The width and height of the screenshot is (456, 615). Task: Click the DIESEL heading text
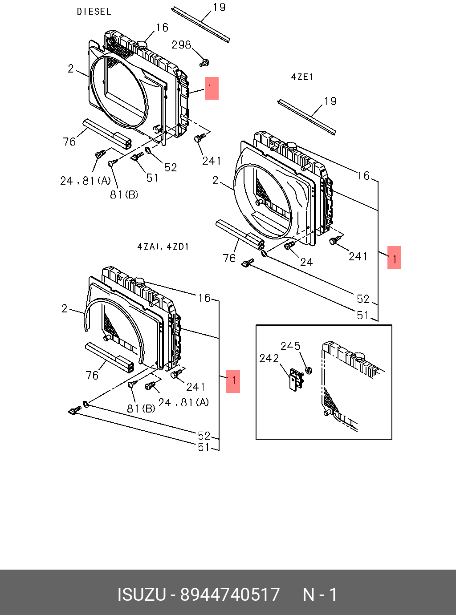pyautogui.click(x=94, y=12)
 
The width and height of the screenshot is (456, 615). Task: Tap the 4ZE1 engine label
pyautogui.click(x=302, y=77)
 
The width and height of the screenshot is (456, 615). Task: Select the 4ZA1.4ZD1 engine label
pyautogui.click(x=163, y=247)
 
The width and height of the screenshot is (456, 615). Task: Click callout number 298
pyautogui.click(x=181, y=45)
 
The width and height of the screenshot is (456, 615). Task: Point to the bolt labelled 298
pyautogui.click(x=204, y=63)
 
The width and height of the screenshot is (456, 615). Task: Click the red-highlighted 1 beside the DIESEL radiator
pyautogui.click(x=212, y=88)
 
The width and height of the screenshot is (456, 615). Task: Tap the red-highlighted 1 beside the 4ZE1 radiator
pyautogui.click(x=394, y=257)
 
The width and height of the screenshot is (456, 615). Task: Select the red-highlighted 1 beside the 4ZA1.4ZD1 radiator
pyautogui.click(x=233, y=381)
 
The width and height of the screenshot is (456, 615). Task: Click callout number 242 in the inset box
pyautogui.click(x=269, y=358)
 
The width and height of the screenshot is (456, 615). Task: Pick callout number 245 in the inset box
pyautogui.click(x=290, y=346)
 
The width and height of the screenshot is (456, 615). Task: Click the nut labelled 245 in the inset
pyautogui.click(x=309, y=370)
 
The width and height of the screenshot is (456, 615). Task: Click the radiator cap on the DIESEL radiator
pyautogui.click(x=142, y=45)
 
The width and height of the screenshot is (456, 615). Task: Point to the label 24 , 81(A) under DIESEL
pyautogui.click(x=85, y=180)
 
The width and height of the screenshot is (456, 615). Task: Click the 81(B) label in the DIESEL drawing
pyautogui.click(x=124, y=194)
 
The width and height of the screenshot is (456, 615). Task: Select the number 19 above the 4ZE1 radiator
pyautogui.click(x=330, y=101)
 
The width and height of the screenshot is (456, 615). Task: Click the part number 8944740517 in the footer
pyautogui.click(x=230, y=595)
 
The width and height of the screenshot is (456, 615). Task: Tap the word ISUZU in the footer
pyautogui.click(x=141, y=595)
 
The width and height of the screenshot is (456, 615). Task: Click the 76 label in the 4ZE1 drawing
pyautogui.click(x=229, y=258)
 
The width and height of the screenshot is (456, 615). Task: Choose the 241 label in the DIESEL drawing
pyautogui.click(x=212, y=161)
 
